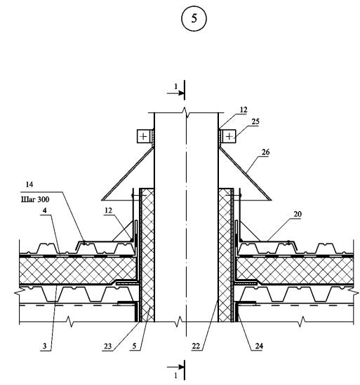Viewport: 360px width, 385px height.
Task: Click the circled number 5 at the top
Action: pyautogui.click(x=194, y=19)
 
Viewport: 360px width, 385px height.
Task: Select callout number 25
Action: pyautogui.click(x=255, y=121)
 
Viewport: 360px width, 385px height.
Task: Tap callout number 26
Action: pyautogui.click(x=265, y=152)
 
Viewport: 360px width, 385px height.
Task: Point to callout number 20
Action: pyautogui.click(x=298, y=214)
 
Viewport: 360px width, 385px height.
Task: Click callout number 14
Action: pyautogui.click(x=29, y=184)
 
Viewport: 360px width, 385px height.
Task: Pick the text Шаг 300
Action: pyautogui.click(x=35, y=199)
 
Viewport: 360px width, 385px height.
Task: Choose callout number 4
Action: pyautogui.click(x=45, y=210)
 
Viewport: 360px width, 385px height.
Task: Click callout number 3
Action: pyautogui.click(x=44, y=346)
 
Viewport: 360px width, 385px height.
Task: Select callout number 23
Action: pyautogui.click(x=107, y=346)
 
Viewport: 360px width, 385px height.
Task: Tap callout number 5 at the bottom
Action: pyautogui.click(x=134, y=346)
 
